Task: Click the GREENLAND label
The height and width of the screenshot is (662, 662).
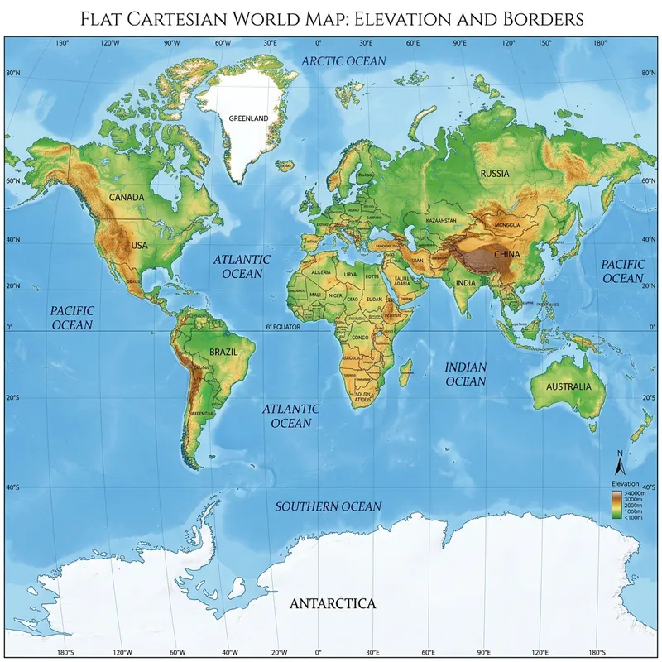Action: point(248,118)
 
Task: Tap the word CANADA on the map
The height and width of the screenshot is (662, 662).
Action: point(127,197)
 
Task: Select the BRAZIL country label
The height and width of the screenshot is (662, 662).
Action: point(223,352)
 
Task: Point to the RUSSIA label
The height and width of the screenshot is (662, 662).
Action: point(495,173)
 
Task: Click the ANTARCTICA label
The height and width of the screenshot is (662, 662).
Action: point(333,603)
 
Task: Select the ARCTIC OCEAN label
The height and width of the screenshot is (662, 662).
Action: point(343,61)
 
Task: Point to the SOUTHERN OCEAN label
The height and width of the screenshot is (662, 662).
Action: point(329,506)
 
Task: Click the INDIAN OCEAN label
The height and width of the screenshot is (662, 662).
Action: point(466,374)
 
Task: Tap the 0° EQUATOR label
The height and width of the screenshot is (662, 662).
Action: point(283,327)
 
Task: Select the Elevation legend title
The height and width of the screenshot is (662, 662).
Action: point(625,482)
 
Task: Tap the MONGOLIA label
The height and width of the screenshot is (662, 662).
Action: point(506,224)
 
